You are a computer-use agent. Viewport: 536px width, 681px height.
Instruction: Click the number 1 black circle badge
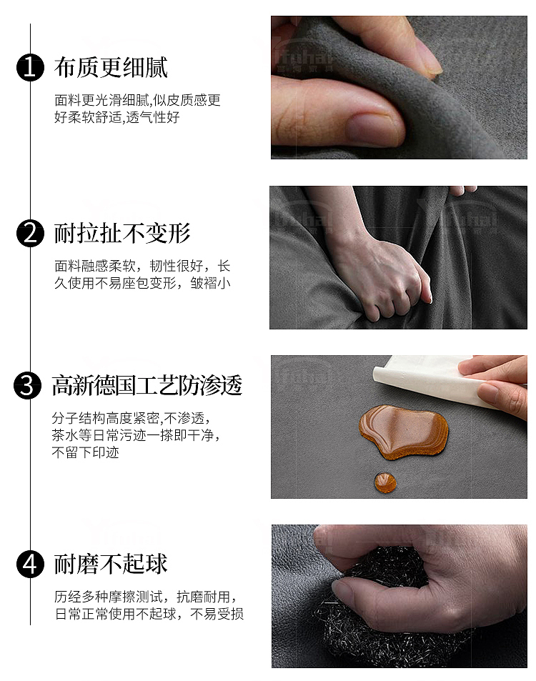29,68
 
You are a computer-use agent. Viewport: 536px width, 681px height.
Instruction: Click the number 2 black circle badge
29,234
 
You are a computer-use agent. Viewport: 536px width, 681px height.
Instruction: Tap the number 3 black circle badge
29,386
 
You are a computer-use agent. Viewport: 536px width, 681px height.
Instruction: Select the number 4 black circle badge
29,564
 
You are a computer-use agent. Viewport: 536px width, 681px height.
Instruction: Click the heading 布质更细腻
111,68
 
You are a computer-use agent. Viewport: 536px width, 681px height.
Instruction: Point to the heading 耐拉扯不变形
122,234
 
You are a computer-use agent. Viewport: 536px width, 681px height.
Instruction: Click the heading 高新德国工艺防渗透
147,386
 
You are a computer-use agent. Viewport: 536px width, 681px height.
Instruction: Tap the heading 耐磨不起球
111,564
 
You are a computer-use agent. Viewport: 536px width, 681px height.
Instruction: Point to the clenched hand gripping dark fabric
386,275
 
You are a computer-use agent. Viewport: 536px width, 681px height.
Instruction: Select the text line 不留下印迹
85,452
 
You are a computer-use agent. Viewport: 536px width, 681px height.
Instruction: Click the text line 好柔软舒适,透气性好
116,117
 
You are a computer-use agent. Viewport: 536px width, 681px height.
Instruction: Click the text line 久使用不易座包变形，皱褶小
142,283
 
